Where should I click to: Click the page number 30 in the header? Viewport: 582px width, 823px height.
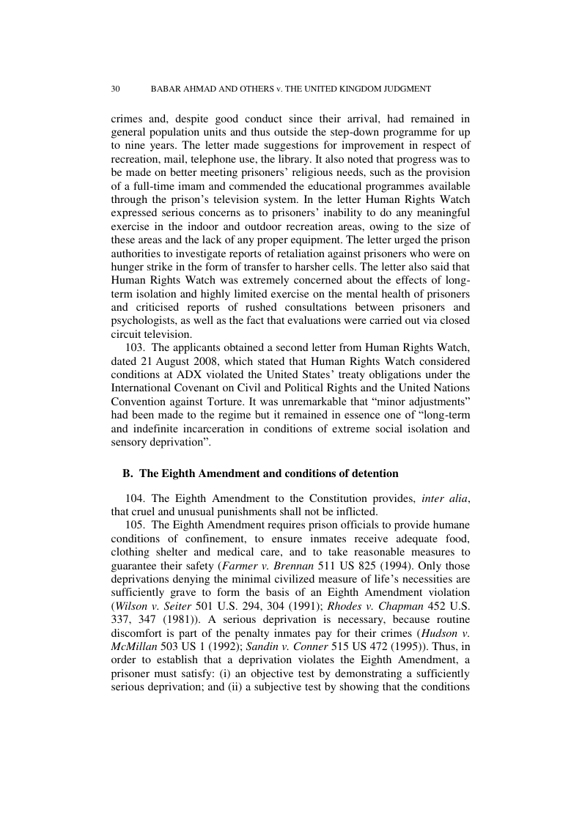(x=115, y=89)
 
